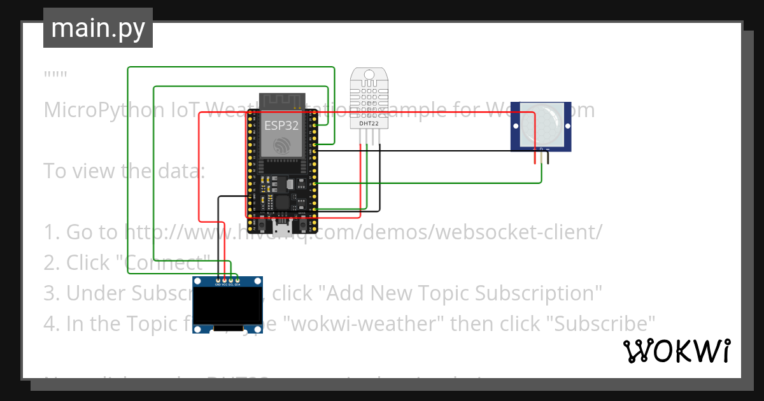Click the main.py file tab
97,28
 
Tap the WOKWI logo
676,351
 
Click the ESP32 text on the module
281,125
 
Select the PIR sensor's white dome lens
541,125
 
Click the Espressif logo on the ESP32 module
281,146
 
